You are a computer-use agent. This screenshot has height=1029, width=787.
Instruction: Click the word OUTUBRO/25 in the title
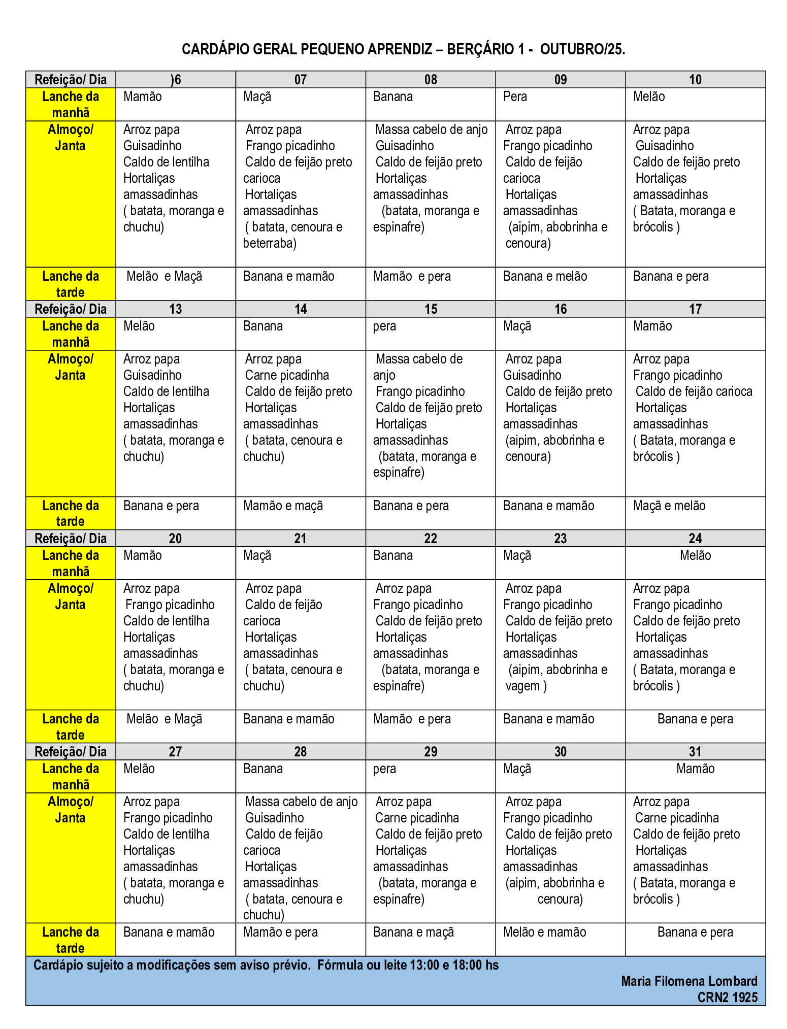coord(582,49)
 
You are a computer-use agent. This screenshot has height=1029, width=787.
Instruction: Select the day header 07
coord(300,80)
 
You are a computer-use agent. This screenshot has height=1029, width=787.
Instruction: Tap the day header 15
coord(431,309)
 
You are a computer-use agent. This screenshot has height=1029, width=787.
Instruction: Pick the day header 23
coord(560,539)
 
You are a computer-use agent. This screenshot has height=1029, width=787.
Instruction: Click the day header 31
coord(695,752)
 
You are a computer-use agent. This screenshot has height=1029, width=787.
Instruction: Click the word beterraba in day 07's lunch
coord(269,244)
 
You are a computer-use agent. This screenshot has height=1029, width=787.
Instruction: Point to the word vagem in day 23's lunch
coord(522,686)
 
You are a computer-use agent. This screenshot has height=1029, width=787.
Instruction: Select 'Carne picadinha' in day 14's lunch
coord(287,376)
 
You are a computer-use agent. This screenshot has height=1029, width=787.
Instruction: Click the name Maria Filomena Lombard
coord(689,981)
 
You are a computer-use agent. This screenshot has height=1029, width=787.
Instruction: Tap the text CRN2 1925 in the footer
coord(727,998)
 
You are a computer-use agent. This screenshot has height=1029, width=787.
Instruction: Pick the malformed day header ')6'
coord(176,80)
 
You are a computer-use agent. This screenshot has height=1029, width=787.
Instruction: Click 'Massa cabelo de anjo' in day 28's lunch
coord(301,802)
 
